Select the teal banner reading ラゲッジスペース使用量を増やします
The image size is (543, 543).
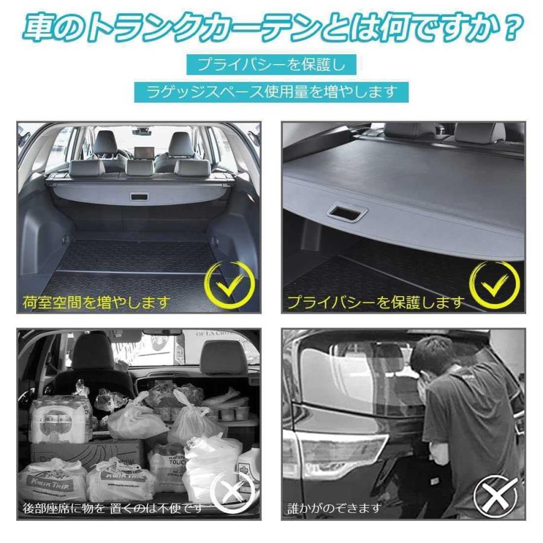[271, 92]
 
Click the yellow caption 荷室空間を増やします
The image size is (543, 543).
[97, 301]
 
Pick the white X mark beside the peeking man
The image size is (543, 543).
[495, 495]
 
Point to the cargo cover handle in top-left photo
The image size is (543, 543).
[140, 197]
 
